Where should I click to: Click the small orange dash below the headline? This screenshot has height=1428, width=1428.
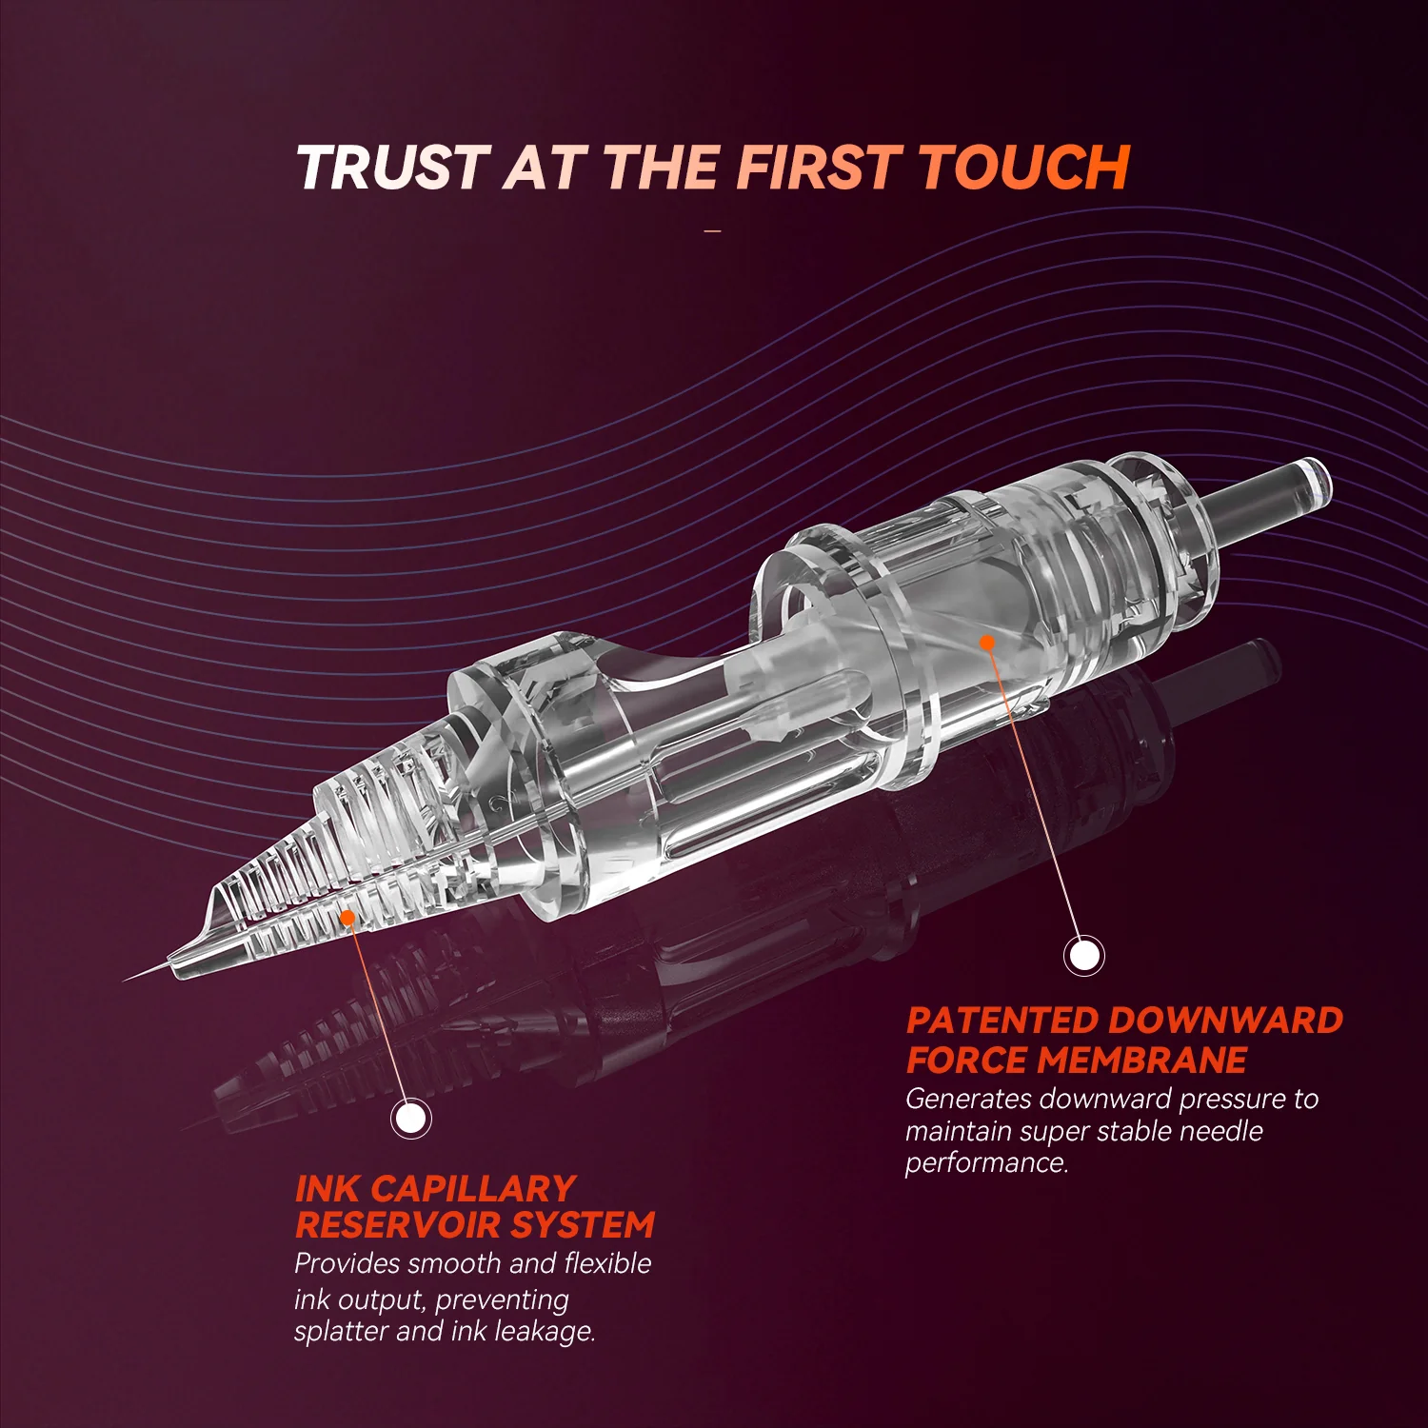click(713, 231)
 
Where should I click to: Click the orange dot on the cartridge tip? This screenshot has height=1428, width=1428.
click(347, 918)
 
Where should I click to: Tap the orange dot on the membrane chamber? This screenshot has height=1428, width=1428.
click(987, 643)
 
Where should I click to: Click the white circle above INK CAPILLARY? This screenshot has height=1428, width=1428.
click(411, 1118)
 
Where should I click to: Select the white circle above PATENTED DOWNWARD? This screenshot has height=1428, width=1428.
click(1083, 954)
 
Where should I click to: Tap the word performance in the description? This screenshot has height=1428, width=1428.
click(987, 1163)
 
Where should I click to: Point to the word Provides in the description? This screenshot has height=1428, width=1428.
click(349, 1263)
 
